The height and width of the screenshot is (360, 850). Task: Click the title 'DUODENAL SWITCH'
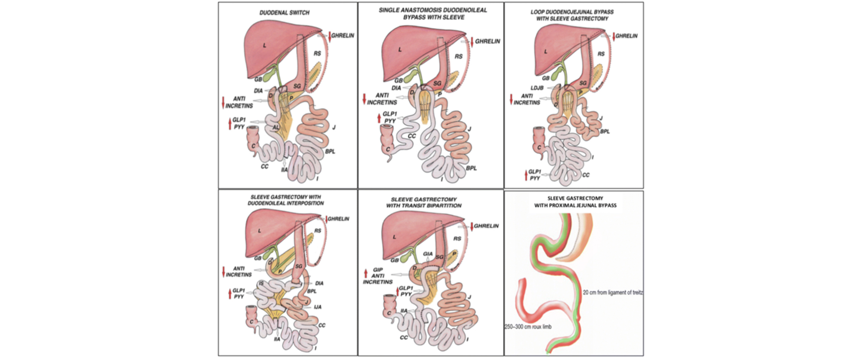point(284,13)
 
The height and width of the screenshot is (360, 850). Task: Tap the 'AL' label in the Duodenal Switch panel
point(276,128)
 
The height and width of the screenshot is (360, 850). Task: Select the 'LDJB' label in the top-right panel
point(537,88)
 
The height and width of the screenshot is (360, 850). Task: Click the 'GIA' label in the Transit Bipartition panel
point(428,254)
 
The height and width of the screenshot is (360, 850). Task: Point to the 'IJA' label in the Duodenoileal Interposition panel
point(317,307)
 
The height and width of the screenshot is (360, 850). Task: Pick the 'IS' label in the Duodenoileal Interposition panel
point(261,283)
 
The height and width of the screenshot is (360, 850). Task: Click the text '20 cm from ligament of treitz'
point(613,293)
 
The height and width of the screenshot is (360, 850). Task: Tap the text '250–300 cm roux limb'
point(528,327)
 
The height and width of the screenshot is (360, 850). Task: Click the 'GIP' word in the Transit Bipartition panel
point(378,270)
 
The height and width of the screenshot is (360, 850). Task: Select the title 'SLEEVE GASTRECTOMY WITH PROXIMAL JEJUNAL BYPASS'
point(575,202)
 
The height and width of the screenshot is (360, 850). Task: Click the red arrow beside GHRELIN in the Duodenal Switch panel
point(330,36)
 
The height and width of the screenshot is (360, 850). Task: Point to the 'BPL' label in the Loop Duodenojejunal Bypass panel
point(605,132)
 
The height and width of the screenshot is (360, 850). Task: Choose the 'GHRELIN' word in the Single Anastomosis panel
point(488,41)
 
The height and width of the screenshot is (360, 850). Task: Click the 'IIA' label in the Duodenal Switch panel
point(284,170)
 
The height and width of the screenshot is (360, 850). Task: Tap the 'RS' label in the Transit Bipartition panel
point(457,239)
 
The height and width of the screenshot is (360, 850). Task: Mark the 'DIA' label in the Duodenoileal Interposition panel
point(319,283)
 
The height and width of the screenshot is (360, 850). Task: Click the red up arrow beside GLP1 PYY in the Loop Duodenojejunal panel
point(526,175)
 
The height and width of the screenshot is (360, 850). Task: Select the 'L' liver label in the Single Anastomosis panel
point(400,50)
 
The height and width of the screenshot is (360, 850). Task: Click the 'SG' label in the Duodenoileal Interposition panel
point(298,266)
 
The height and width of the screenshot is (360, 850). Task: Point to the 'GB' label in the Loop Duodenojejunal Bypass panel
point(546,78)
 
